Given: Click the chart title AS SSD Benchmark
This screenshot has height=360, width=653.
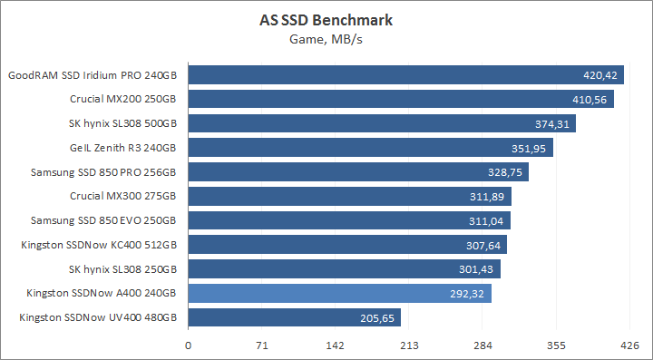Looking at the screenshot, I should coord(326,21).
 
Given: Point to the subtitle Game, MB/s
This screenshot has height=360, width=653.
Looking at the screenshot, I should coord(326,39).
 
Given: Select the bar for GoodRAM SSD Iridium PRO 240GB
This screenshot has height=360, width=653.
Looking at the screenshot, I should coord(405,74).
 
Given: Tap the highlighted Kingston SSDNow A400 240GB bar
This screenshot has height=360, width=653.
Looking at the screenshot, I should coord(339,293).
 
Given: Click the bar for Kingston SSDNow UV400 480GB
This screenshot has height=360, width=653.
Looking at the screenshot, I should coord(294,317).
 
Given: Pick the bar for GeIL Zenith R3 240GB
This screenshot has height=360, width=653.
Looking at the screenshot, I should coord(370,147).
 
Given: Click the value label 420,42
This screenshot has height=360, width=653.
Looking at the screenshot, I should coord(600,74).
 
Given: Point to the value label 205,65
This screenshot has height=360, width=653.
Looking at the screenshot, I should coord(377,317).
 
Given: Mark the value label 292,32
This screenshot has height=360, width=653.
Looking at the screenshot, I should coord(468,293).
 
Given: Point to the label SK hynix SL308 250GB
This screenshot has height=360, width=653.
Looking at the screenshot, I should coord(122,268).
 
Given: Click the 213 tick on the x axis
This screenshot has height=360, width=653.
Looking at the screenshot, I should coord(409,345).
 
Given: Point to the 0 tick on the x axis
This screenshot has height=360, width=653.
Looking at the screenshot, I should coord(189,345).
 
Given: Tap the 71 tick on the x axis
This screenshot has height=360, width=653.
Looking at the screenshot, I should coord(262,345).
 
